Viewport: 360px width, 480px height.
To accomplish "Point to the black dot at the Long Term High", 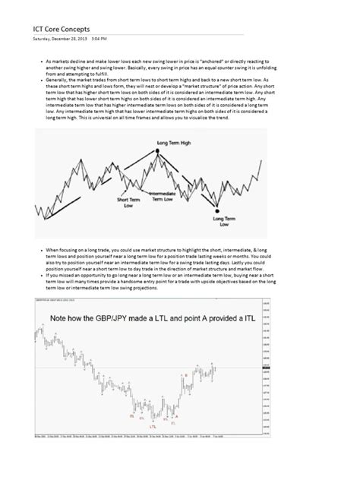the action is tap(158, 150).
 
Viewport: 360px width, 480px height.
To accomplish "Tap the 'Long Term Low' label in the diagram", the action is tap(219, 221).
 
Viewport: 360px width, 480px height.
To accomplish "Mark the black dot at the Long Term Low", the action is tap(217, 210).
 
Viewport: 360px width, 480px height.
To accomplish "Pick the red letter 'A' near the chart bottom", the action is tap(175, 415).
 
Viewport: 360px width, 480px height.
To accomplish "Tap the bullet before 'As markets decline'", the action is tap(39, 59).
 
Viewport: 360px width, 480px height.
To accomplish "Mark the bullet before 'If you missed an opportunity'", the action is tap(39, 276).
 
